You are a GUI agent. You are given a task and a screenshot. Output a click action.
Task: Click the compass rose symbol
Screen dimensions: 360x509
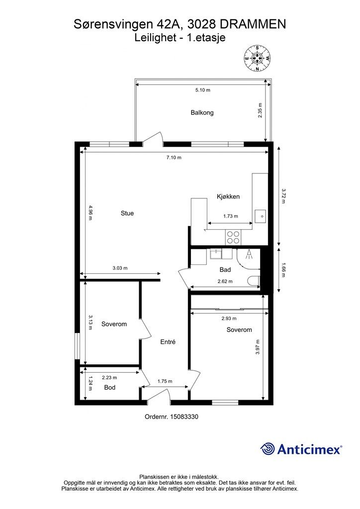pos(258,59)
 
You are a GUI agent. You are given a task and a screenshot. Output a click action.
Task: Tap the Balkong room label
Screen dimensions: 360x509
pos(202,113)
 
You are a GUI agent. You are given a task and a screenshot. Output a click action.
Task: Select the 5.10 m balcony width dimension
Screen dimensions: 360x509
pos(202,90)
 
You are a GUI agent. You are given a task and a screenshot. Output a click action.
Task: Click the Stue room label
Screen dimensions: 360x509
pos(127,213)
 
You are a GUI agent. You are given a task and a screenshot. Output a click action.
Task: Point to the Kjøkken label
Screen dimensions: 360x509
pos(228,196)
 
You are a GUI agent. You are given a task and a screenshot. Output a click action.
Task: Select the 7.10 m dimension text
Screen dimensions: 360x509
pos(174,158)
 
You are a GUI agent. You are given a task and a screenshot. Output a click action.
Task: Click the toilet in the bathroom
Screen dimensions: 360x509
pos(254,280)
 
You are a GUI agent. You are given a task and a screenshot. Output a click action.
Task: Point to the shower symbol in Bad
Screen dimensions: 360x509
pos(249,254)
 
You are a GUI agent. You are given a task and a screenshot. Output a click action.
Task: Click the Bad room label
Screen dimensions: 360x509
pos(225,270)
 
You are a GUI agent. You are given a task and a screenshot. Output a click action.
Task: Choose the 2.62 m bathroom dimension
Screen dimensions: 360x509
pos(225,281)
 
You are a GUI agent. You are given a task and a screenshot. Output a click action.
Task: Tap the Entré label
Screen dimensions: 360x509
pos(168,342)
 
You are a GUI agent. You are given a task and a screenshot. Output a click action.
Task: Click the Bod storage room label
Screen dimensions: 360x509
pos(110,387)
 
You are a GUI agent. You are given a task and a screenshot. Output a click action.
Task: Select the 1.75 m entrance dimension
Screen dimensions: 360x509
pos(165,381)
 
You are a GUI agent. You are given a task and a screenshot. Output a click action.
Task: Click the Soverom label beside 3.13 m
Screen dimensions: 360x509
pos(114,324)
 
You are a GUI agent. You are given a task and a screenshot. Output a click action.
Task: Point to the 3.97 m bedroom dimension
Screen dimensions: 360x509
pos(258,346)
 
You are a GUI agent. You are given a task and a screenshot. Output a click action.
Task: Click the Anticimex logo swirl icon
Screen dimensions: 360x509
pos(268,449)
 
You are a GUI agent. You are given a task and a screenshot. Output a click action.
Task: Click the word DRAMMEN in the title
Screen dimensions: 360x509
pos(253,24)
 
